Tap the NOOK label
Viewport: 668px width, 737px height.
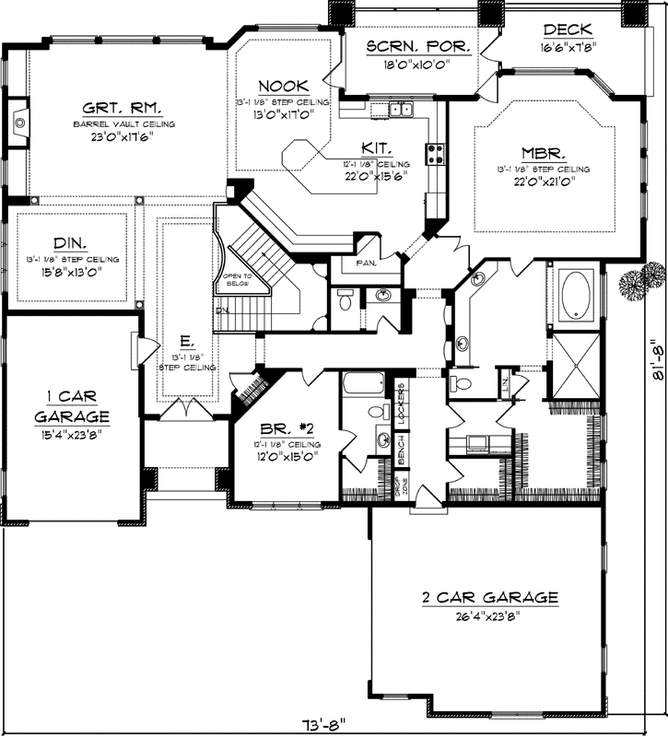(275, 85)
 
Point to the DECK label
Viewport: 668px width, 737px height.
(568, 30)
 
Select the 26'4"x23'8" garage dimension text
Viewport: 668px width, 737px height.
(490, 616)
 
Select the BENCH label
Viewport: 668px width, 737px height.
(403, 450)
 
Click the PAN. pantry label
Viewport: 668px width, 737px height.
(364, 261)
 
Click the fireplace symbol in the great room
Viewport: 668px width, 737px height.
(19, 121)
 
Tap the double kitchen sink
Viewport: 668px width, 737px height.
(401, 111)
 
